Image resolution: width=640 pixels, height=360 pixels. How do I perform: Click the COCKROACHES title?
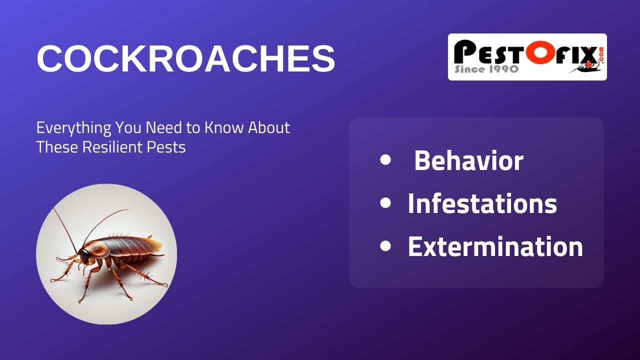click(x=185, y=59)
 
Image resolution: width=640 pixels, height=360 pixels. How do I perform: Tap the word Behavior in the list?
click(x=468, y=161)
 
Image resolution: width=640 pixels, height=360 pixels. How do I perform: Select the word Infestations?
click(x=482, y=204)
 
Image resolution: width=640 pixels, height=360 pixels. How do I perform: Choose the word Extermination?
click(x=495, y=247)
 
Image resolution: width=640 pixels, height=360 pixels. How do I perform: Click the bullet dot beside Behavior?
click(x=385, y=160)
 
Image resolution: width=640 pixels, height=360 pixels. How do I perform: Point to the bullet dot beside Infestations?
click(x=385, y=203)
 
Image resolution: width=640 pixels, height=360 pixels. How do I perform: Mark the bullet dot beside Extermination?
click(x=385, y=246)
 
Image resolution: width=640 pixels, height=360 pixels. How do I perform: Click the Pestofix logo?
click(x=527, y=57)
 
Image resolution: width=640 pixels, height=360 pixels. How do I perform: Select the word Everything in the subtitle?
click(x=73, y=128)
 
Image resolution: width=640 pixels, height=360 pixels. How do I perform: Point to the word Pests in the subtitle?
click(x=168, y=147)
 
